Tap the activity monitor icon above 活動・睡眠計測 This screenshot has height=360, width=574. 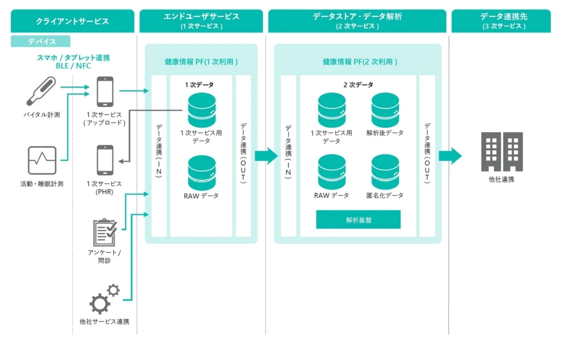[x=42, y=160]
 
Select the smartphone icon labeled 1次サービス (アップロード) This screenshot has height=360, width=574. [x=105, y=91]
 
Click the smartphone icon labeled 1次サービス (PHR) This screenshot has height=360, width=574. [x=105, y=160]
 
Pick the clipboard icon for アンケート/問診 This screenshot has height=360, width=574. [x=105, y=232]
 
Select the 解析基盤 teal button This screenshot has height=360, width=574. [x=358, y=220]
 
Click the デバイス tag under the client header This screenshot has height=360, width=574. [x=41, y=41]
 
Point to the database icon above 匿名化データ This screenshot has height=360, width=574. [x=385, y=171]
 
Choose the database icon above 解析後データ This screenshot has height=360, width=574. [x=385, y=110]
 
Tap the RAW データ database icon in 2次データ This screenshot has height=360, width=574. [x=331, y=171]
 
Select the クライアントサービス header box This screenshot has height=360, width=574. [x=72, y=21]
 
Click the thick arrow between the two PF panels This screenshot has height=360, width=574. [x=266, y=155]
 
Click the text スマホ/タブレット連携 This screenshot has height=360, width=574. [x=73, y=58]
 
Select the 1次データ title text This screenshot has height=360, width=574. [x=200, y=85]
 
